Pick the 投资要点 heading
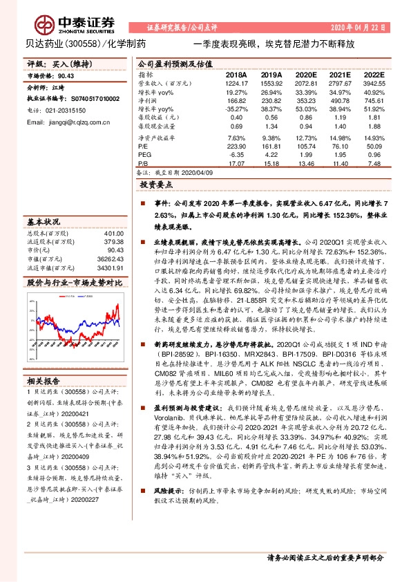point(155,186)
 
